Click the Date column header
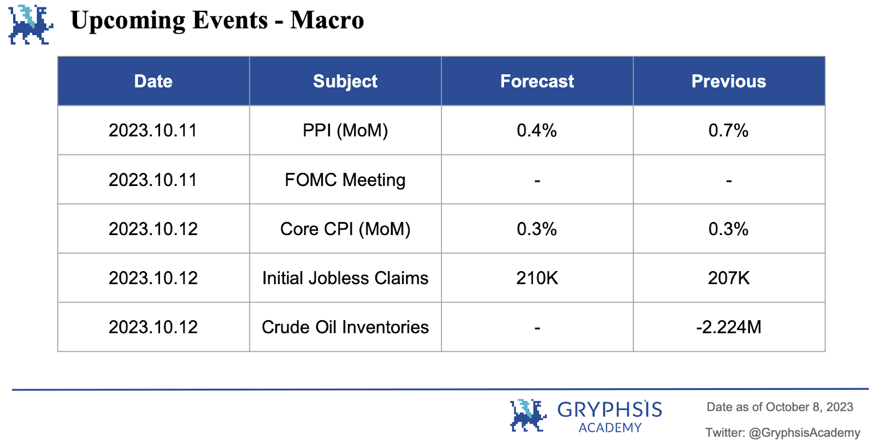coord(153,81)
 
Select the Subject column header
coord(345,82)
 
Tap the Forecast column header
coord(537,81)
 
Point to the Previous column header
coord(729,81)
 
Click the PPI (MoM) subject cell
coord(345,130)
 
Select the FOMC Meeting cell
coord(345,180)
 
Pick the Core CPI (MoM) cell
coord(345,229)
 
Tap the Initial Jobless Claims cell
coord(345,278)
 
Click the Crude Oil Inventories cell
coord(345,327)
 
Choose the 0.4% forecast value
coord(537,130)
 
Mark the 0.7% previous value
coord(729,130)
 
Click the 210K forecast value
coord(537,278)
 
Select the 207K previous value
coord(729,278)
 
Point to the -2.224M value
coord(729,327)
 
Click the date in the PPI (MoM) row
coord(153,130)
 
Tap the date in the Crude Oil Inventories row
coord(153,327)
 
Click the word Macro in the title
coord(327,20)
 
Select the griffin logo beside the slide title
coord(31,25)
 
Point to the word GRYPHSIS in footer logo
coord(610,409)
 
